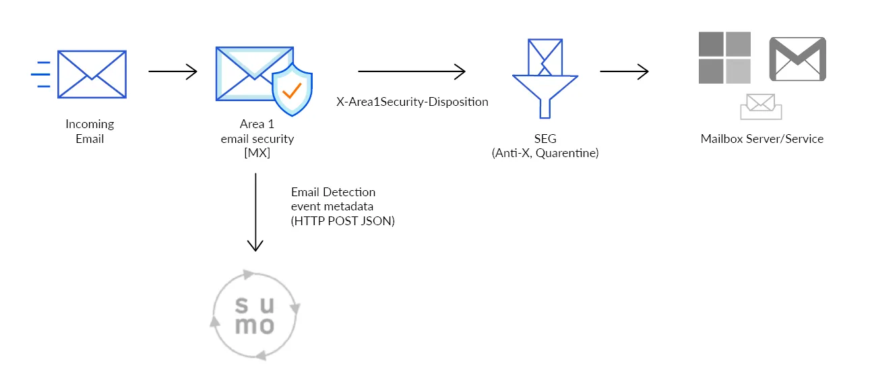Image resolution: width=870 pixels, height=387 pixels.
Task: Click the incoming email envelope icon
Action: (x=92, y=73)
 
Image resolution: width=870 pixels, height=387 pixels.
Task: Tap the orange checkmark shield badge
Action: (x=292, y=91)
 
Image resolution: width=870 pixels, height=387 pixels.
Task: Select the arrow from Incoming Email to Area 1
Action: (x=173, y=71)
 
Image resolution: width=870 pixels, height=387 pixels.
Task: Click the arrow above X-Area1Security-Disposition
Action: (x=412, y=71)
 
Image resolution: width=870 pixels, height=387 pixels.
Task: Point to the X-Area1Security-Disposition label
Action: (x=412, y=102)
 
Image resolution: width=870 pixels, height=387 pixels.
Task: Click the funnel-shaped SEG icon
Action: (x=545, y=78)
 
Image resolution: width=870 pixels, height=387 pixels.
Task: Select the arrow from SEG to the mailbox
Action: (x=624, y=71)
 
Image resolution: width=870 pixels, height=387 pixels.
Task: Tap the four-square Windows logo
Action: (x=724, y=57)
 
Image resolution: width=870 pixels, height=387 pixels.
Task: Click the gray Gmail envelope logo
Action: (x=798, y=59)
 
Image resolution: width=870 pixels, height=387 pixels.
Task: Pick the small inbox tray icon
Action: (x=761, y=107)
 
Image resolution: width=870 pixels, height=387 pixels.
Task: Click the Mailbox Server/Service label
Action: (x=762, y=139)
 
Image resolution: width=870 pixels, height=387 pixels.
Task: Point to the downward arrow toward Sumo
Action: (x=255, y=212)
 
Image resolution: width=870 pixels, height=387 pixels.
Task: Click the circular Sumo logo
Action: (x=255, y=314)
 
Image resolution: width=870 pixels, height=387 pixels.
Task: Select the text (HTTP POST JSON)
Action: (x=343, y=220)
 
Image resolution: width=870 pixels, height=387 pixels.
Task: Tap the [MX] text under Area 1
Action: (x=257, y=153)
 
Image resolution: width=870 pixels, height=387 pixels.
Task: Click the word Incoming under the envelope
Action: (x=90, y=124)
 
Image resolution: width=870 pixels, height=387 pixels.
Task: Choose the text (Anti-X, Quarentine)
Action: (x=545, y=153)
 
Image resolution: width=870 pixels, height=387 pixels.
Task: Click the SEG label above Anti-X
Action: (x=545, y=139)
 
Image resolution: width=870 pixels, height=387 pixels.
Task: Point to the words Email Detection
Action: (x=333, y=192)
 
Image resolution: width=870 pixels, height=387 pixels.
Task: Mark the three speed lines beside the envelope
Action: (x=42, y=74)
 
